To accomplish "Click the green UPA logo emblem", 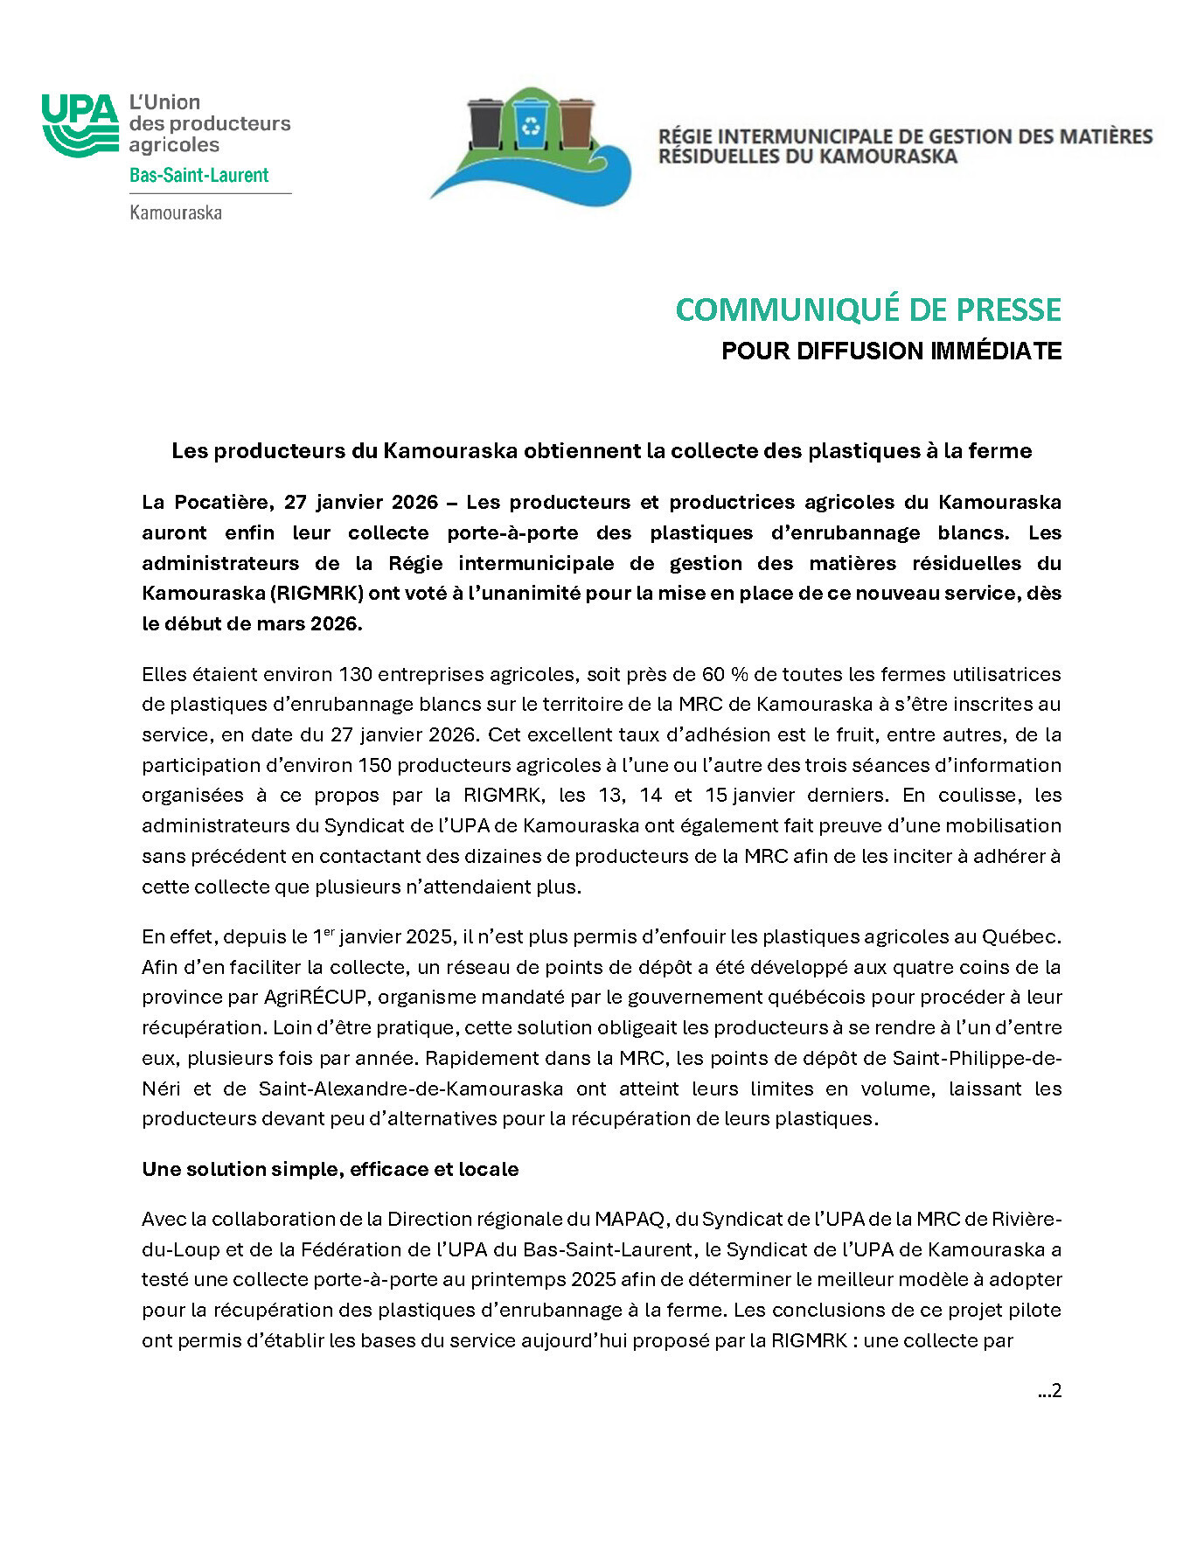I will click(x=80, y=125).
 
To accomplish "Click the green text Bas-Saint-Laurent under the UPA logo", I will click(x=198, y=175).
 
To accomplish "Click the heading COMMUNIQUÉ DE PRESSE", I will click(x=868, y=310).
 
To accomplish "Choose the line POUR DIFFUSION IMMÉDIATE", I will click(x=891, y=351).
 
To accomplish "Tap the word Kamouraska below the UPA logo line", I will click(x=176, y=212).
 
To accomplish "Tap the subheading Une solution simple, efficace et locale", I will click(x=330, y=1169).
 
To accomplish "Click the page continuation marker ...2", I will click(x=1049, y=1390).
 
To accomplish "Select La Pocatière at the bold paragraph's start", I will click(x=208, y=502).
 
